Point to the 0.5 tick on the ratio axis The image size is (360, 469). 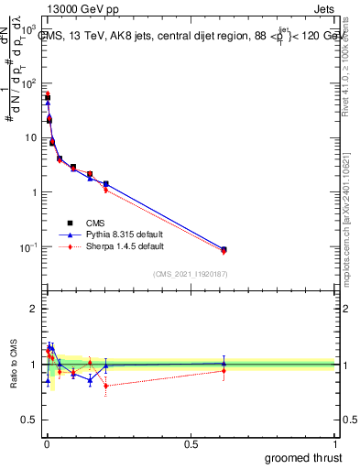(x=29, y=420)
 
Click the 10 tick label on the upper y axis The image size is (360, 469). (x=30, y=137)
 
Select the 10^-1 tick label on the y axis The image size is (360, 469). (x=28, y=247)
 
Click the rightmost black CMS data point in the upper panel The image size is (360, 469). (x=224, y=249)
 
